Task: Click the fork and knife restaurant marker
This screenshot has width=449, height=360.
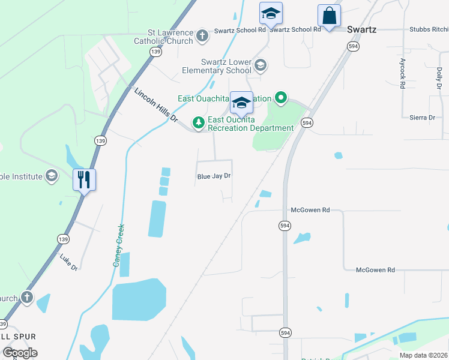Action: point(84,179)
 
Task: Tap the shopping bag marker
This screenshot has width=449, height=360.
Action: point(329,16)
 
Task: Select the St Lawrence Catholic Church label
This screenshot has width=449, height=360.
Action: point(170,37)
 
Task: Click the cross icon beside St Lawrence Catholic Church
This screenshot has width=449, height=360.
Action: point(202,35)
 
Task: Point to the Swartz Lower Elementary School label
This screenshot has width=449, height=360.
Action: point(217,66)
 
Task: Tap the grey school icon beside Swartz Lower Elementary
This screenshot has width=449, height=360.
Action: point(260,64)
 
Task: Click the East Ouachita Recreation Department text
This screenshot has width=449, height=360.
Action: point(250,124)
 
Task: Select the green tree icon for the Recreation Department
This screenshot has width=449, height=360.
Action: point(198,122)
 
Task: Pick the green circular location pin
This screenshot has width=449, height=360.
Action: point(280,97)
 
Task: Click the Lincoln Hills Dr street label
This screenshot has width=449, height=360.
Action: point(156,105)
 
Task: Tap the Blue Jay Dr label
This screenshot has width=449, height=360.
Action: point(214,176)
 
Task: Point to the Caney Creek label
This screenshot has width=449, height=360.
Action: point(119,245)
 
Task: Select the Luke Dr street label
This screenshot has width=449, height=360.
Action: point(69,261)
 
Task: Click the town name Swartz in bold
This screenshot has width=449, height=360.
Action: point(362,29)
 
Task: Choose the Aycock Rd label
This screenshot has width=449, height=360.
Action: point(402,74)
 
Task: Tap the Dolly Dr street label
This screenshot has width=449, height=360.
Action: point(439,83)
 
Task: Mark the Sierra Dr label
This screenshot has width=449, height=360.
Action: point(421,118)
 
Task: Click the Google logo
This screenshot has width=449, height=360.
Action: point(19,353)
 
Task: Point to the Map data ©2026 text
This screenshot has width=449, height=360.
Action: point(423,355)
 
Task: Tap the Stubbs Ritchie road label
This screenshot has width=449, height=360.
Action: point(429,29)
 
